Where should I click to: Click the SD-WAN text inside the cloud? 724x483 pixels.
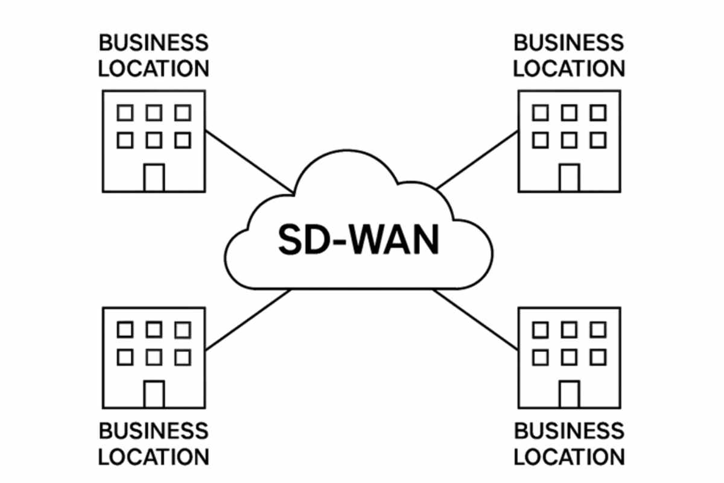(x=359, y=240)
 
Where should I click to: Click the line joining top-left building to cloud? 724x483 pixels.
(x=249, y=161)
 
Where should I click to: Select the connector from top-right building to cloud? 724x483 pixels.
(x=477, y=161)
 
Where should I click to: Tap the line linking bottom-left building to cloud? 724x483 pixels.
(x=249, y=320)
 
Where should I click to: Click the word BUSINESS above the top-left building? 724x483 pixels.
(x=154, y=43)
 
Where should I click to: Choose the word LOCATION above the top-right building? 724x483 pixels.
(x=569, y=68)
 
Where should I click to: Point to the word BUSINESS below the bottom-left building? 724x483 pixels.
(x=154, y=431)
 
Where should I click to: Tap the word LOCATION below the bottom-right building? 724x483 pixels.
(x=569, y=456)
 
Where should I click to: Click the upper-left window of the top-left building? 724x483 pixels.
(x=125, y=112)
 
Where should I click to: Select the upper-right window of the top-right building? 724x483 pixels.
(x=598, y=112)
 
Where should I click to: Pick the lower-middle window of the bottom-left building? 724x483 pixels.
(x=154, y=357)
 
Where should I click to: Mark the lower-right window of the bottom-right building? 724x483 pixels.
(x=598, y=357)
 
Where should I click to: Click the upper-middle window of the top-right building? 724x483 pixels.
(x=569, y=112)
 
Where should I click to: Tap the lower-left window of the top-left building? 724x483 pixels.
(x=125, y=141)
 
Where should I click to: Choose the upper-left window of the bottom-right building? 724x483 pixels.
(x=540, y=329)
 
